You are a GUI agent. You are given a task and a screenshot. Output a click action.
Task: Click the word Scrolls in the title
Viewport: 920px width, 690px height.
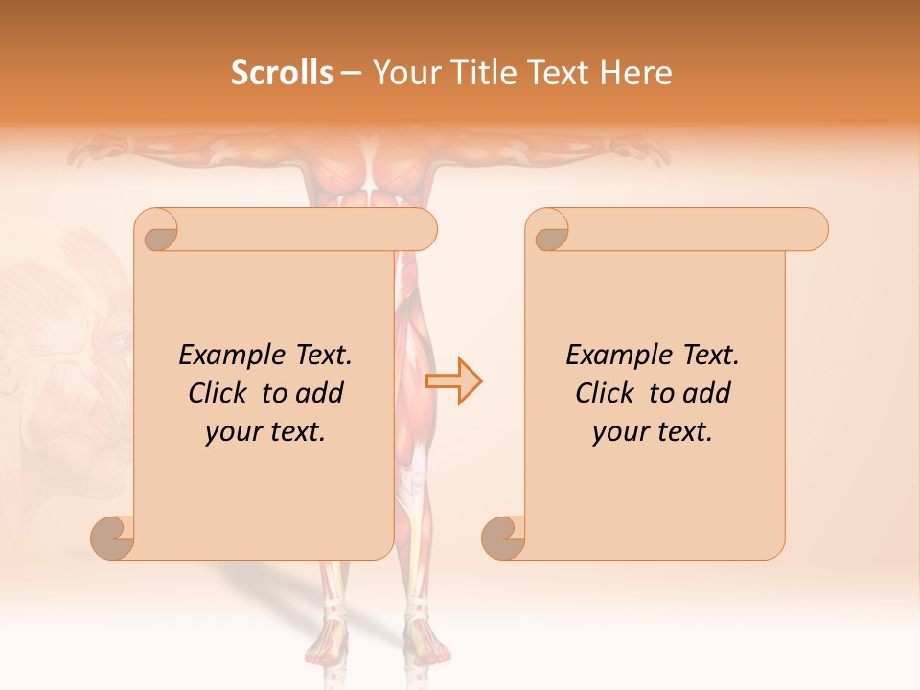pyautogui.click(x=282, y=73)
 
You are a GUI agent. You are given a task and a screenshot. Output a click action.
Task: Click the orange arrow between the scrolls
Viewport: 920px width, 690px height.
pyautogui.click(x=454, y=381)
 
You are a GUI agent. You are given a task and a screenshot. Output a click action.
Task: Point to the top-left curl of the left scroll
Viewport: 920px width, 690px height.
pyautogui.click(x=157, y=231)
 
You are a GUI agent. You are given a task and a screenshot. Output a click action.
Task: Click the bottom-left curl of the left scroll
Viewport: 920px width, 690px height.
pyautogui.click(x=113, y=538)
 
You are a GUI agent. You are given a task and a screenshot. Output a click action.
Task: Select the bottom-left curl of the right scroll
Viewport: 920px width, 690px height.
pyautogui.click(x=504, y=538)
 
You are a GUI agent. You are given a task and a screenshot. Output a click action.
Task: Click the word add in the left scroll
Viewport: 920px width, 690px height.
pyautogui.click(x=319, y=393)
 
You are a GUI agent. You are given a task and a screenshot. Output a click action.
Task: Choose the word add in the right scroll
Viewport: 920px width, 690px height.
pyautogui.click(x=706, y=393)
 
